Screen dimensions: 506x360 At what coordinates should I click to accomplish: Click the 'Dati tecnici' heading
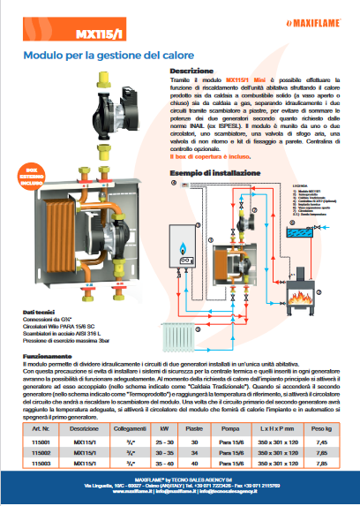click(41, 312)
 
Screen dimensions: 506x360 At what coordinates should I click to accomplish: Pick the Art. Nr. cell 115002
click(42, 450)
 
